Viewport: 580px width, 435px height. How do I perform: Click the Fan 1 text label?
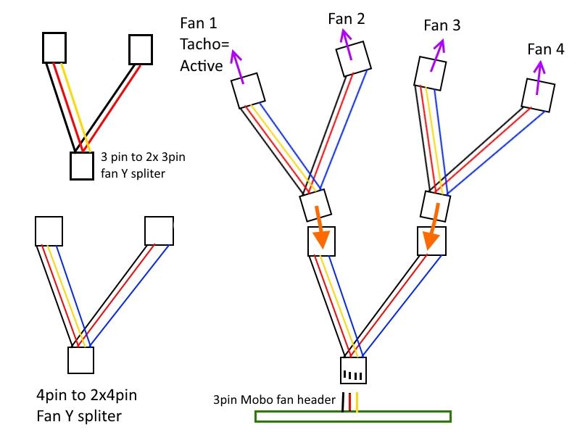point(198,24)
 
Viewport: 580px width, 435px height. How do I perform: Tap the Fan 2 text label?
point(346,19)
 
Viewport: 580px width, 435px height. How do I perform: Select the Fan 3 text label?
point(442,25)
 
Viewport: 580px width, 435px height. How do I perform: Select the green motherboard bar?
point(353,416)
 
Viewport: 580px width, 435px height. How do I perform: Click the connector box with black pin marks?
point(353,370)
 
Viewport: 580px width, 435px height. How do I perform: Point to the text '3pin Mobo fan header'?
point(275,399)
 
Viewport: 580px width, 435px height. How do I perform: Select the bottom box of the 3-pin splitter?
point(81,166)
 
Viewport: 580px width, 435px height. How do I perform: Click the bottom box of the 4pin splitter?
point(80,360)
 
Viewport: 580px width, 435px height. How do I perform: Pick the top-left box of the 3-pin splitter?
point(54,47)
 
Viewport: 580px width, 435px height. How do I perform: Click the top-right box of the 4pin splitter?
point(159,231)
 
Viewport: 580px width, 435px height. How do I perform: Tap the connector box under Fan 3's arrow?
point(429,73)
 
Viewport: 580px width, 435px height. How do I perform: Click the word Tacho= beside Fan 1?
point(204,45)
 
